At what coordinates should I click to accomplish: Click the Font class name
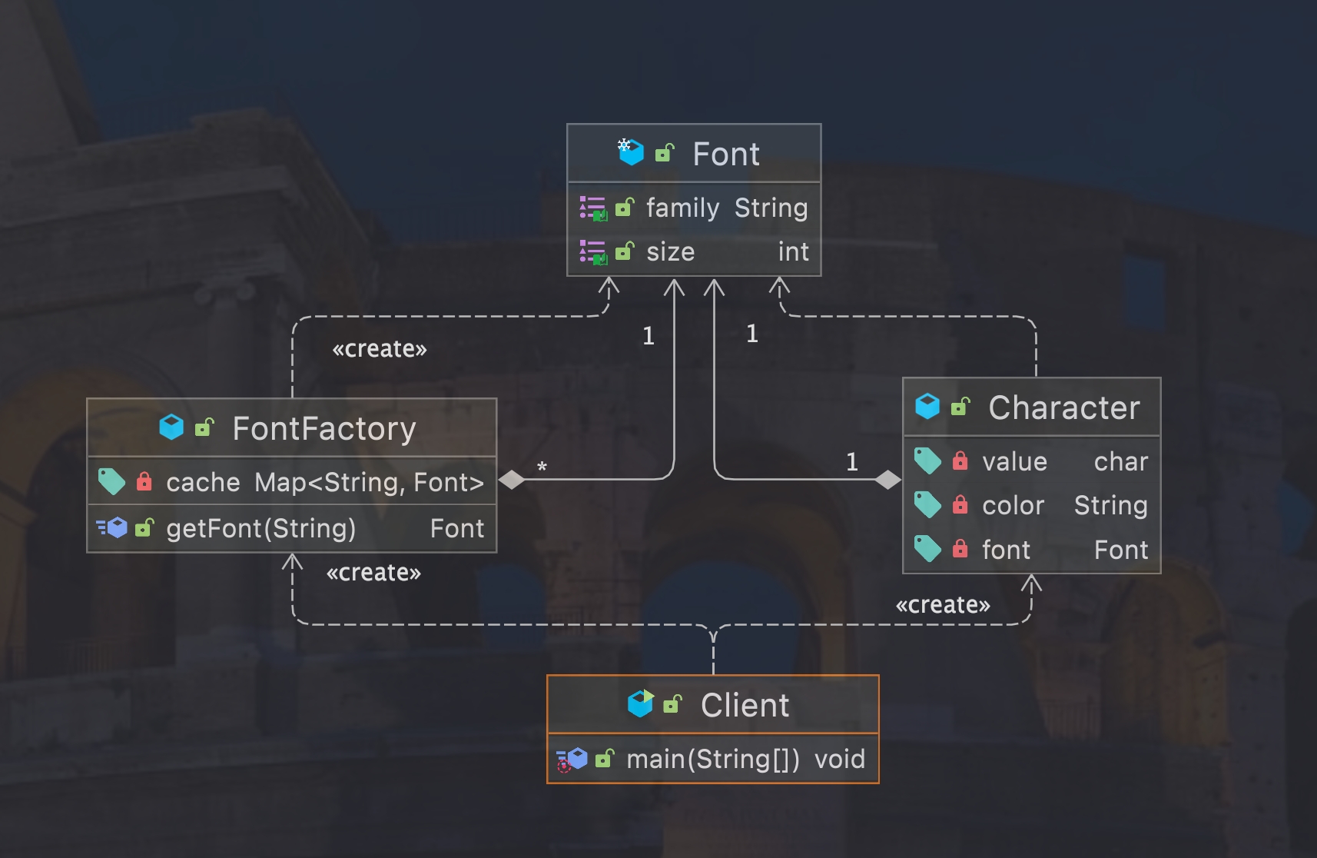[x=725, y=155]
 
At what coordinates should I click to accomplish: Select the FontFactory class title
[x=323, y=429]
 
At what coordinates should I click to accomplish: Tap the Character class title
[x=1063, y=408]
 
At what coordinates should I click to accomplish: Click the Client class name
[x=745, y=706]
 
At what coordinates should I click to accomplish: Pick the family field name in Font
[x=682, y=208]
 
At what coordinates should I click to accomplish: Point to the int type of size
[x=793, y=252]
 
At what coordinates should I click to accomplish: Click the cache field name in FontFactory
[x=203, y=483]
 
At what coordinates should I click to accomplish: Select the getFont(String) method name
[x=260, y=529]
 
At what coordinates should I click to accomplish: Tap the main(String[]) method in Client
[x=712, y=760]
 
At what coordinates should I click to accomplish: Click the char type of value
[x=1120, y=462]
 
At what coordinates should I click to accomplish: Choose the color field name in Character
[x=1013, y=506]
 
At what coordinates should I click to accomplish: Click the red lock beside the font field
[x=960, y=549]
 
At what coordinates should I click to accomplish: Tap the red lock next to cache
[x=144, y=482]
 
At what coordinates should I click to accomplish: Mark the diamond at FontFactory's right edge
[x=512, y=480]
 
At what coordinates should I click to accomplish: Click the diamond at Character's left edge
[x=887, y=480]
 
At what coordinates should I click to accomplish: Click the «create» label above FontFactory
[x=379, y=350]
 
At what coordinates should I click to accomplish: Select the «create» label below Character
[x=942, y=606]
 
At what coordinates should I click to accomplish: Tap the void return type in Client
[x=839, y=760]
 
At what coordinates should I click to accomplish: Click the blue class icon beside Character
[x=927, y=407]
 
